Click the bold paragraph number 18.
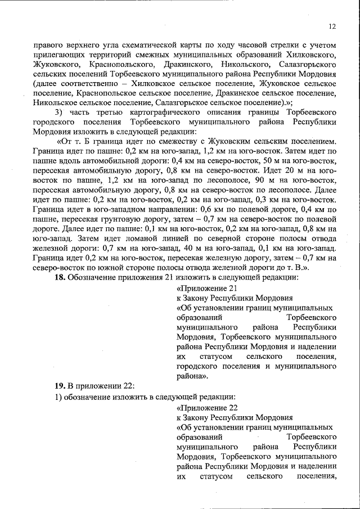click(x=60, y=277)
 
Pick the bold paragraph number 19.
click(x=60, y=385)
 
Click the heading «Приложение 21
click(x=203, y=288)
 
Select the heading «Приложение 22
click(x=203, y=407)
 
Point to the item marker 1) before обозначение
click(x=57, y=397)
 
